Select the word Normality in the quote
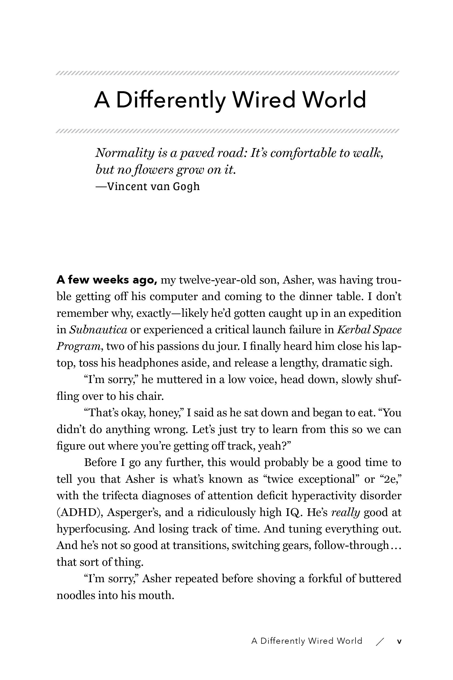(x=125, y=153)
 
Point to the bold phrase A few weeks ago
(x=107, y=280)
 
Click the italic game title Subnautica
(x=98, y=330)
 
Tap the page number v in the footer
(x=399, y=641)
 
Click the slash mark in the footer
(x=380, y=642)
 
